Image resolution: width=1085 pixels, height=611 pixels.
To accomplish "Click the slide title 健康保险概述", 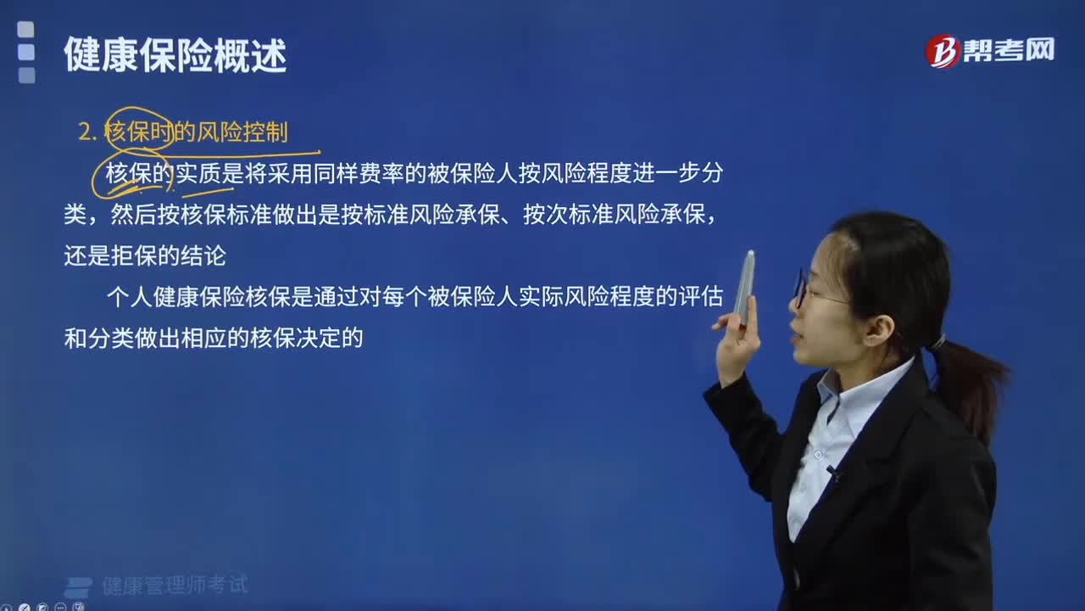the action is pyautogui.click(x=175, y=55).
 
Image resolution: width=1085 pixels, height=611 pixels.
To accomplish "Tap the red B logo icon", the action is pyautogui.click(x=943, y=51).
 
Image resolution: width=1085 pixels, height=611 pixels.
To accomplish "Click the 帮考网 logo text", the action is pyautogui.click(x=1009, y=50).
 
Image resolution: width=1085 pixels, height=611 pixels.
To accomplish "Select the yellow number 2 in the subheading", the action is pyautogui.click(x=85, y=132).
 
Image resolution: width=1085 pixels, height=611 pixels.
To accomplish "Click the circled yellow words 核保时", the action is pyautogui.click(x=138, y=132).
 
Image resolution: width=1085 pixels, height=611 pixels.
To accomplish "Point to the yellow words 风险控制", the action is pyautogui.click(x=242, y=132).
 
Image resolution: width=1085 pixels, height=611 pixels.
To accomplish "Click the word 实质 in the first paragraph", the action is pyautogui.click(x=198, y=173).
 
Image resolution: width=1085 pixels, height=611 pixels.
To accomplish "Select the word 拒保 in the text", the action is pyautogui.click(x=134, y=255).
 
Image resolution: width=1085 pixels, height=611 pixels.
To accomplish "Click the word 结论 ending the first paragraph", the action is pyautogui.click(x=203, y=255).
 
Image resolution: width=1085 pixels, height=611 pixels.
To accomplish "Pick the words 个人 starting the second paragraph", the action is pyautogui.click(x=130, y=297).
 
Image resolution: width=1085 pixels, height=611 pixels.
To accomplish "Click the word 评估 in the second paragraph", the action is pyautogui.click(x=701, y=297).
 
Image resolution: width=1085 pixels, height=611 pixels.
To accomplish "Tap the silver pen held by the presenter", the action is pyautogui.click(x=744, y=288).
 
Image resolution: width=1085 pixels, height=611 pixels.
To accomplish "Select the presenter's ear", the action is pyautogui.click(x=877, y=331).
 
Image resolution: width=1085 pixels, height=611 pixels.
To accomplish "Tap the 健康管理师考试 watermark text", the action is pyautogui.click(x=175, y=586).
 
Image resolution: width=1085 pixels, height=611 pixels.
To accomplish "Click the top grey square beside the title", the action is pyautogui.click(x=26, y=30).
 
